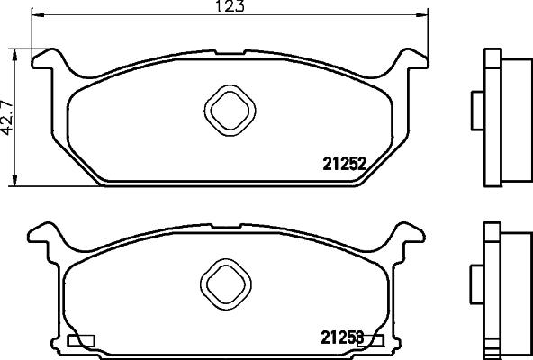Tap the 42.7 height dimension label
(x=8, y=114)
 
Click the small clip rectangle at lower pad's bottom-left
(x=81, y=340)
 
